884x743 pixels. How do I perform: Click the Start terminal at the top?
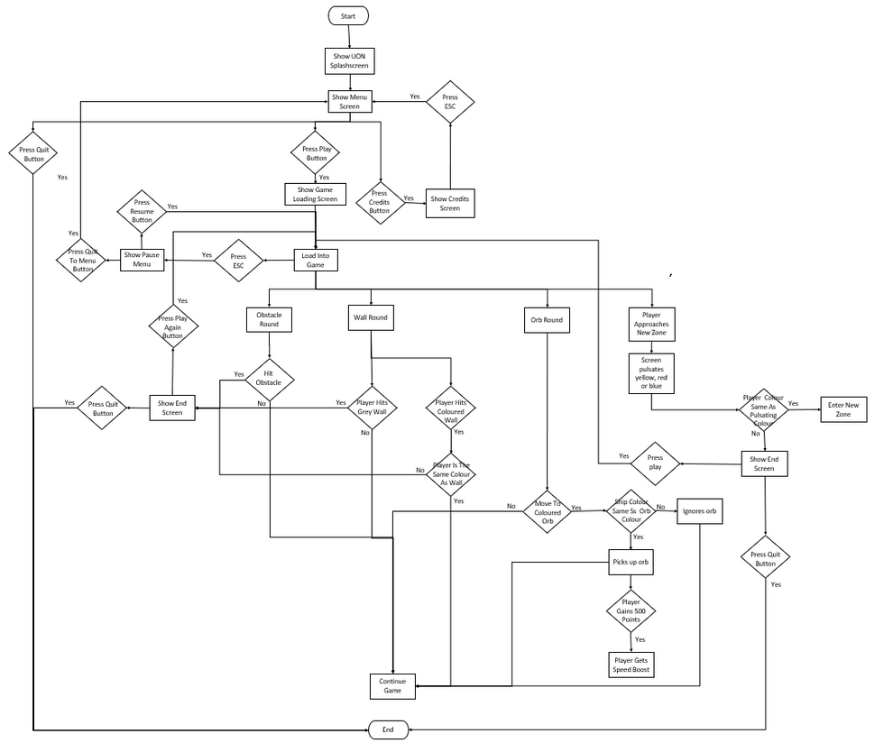[x=348, y=15]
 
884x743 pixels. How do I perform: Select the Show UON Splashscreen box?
[x=348, y=61]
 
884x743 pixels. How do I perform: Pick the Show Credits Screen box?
[x=450, y=203]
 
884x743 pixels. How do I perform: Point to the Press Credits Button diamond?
[x=380, y=197]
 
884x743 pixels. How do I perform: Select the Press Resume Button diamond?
[x=142, y=210]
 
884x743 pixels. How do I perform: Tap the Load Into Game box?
[x=315, y=261]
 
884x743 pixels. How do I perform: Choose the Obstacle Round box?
[x=270, y=319]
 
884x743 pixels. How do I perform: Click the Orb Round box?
[x=547, y=319]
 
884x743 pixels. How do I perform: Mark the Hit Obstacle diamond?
[x=270, y=378]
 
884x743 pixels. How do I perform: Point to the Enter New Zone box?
[x=844, y=408]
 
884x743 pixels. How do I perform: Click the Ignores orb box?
[x=699, y=511]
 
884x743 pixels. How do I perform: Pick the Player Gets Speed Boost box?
[x=631, y=665]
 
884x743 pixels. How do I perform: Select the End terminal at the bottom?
[x=388, y=729]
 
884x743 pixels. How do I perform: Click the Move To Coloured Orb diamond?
[x=547, y=511]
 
